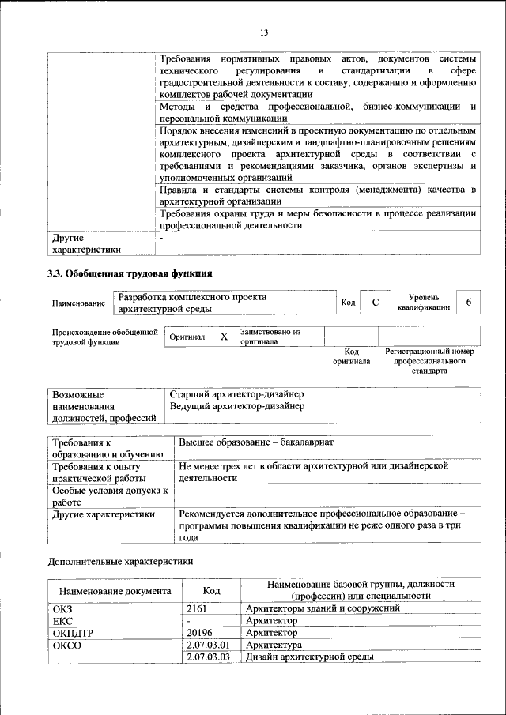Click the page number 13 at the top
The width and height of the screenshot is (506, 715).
(264, 32)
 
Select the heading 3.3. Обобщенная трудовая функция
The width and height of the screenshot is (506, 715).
(129, 274)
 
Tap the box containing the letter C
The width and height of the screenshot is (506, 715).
(376, 303)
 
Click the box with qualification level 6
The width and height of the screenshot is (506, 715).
(469, 303)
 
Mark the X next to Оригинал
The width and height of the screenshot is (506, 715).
(224, 337)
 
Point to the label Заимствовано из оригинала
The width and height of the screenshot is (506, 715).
(271, 337)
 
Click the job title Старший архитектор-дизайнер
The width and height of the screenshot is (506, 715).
(237, 393)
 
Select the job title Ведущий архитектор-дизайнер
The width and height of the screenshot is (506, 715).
(237, 406)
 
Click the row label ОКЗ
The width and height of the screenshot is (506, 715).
(62, 608)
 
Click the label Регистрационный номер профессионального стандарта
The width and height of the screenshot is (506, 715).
(429, 360)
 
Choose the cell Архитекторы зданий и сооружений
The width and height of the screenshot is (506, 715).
(323, 608)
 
